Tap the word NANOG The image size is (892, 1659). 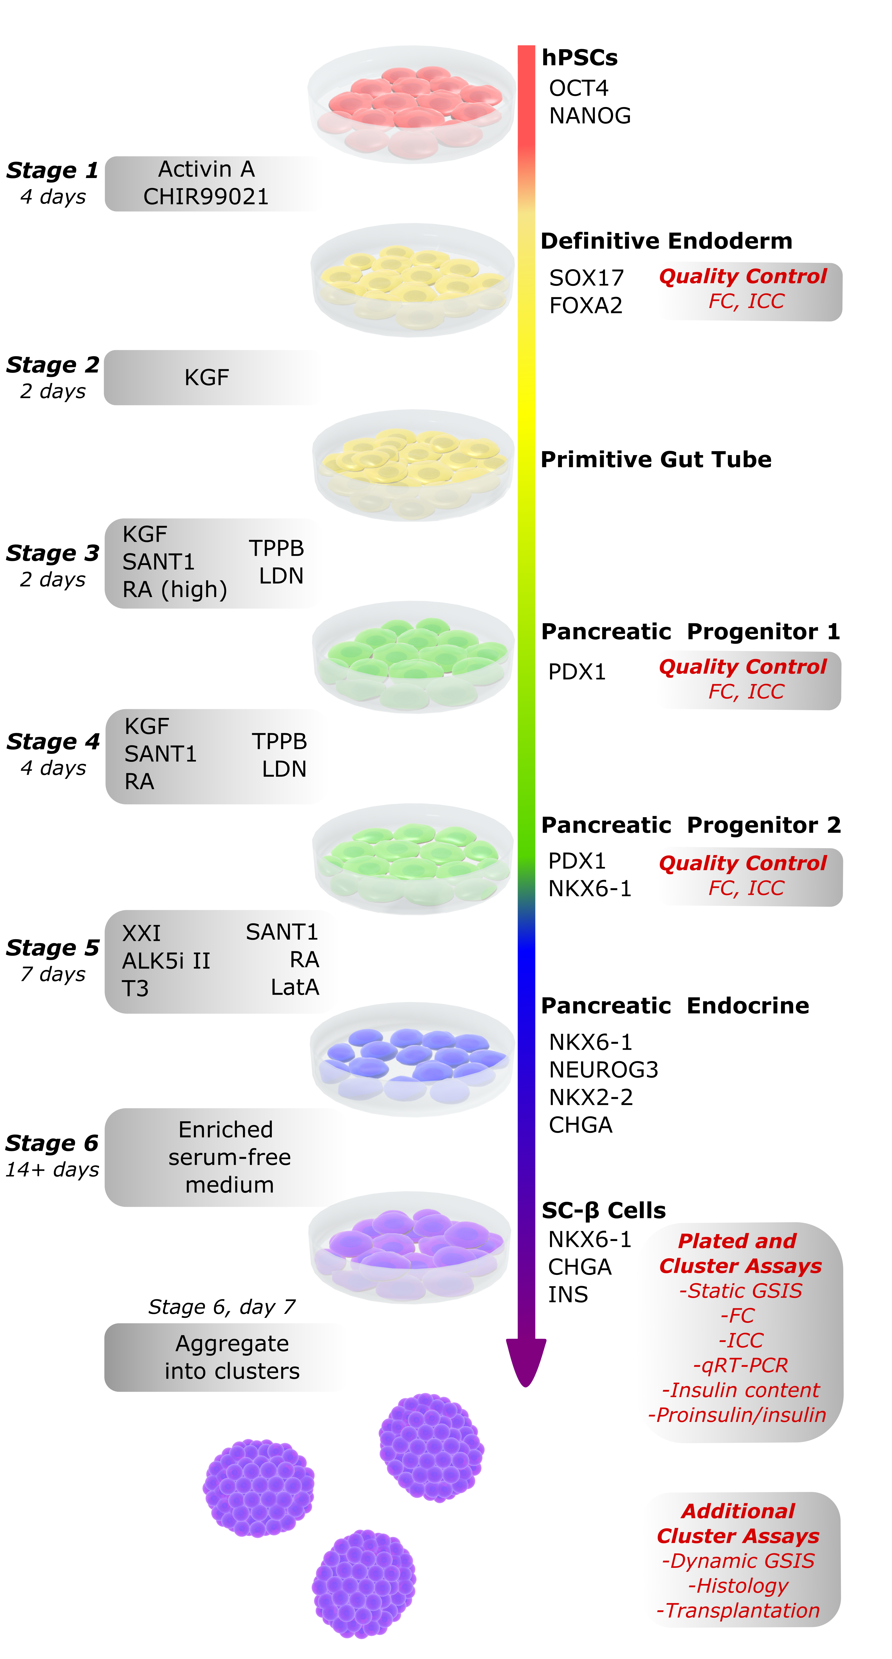589,116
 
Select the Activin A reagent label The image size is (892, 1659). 206,169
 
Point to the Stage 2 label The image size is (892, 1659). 53,365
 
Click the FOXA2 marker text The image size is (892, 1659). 585,305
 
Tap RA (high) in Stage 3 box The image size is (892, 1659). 175,589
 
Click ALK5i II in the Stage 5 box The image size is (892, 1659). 166,961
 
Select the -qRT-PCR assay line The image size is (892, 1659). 740,1365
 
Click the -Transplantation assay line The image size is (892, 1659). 738,1611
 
